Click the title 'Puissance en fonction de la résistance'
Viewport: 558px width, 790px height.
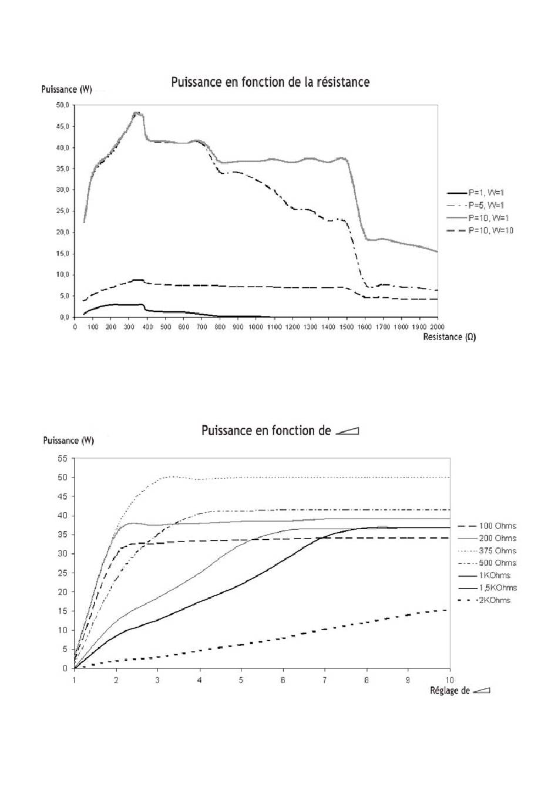tap(270, 82)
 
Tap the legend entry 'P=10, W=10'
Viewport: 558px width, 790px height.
tap(480, 231)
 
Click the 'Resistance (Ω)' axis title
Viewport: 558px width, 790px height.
tap(449, 337)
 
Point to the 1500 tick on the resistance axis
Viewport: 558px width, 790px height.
tap(347, 327)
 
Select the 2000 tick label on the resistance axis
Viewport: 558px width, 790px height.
tap(438, 327)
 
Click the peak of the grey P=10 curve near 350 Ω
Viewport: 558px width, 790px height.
tap(136, 113)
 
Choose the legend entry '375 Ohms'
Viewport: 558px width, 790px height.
tap(487, 551)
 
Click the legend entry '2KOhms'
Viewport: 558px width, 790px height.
tap(484, 600)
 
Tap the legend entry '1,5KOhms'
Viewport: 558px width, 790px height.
tap(487, 588)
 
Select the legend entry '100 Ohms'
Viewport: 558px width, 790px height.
tap(487, 526)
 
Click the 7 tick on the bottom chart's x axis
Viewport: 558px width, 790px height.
tap(324, 680)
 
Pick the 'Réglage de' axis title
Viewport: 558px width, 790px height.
tap(450, 691)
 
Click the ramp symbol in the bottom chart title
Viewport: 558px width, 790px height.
tap(347, 431)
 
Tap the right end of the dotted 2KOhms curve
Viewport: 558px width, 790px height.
tap(447, 610)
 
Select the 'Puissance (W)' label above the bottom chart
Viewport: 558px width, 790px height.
tap(68, 441)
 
